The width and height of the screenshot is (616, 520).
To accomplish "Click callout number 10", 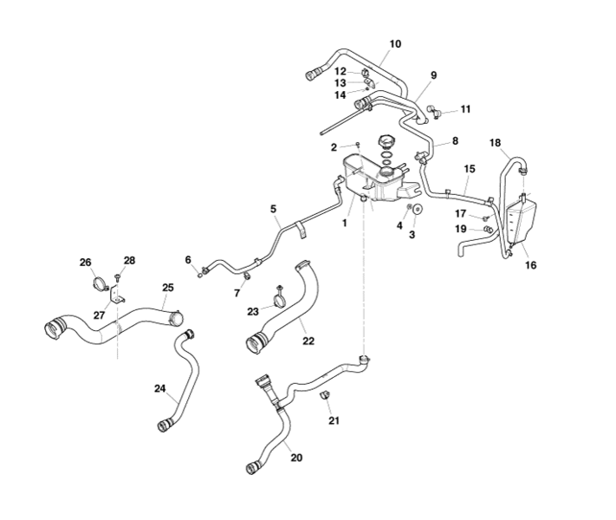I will [x=395, y=43].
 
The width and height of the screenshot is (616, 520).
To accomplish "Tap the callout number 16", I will [x=530, y=265].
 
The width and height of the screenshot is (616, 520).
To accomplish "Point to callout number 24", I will [x=159, y=388].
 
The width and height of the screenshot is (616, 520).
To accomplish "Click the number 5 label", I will [x=273, y=209].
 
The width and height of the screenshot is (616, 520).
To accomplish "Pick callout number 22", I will [x=308, y=341].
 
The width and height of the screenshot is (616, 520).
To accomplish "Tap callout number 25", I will [x=167, y=287].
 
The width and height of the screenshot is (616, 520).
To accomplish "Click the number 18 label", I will [x=495, y=142].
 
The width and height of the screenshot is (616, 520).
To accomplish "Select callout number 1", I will [x=344, y=223].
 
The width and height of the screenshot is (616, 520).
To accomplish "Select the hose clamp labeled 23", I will [x=280, y=302].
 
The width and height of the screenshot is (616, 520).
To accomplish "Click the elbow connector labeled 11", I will [x=435, y=111].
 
